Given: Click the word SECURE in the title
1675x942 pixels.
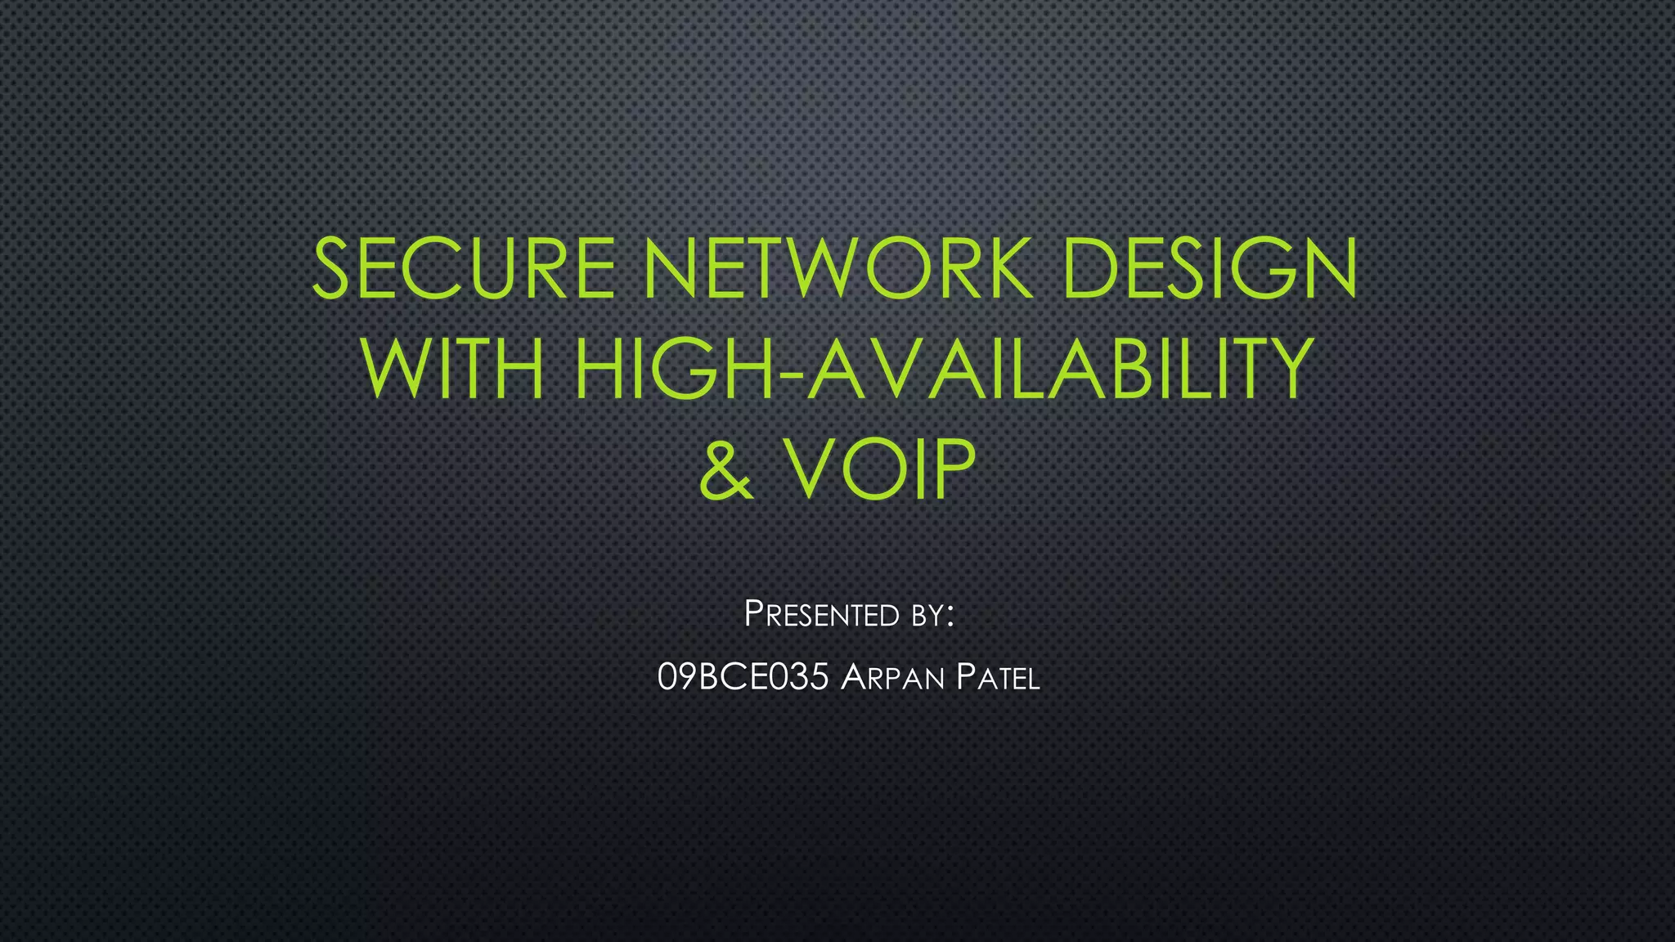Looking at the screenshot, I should tap(463, 268).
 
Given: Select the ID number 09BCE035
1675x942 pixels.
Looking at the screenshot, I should tap(743, 678).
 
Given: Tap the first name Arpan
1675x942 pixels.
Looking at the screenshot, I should tap(892, 678).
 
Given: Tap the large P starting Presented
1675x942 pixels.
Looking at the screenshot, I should tap(753, 613).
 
